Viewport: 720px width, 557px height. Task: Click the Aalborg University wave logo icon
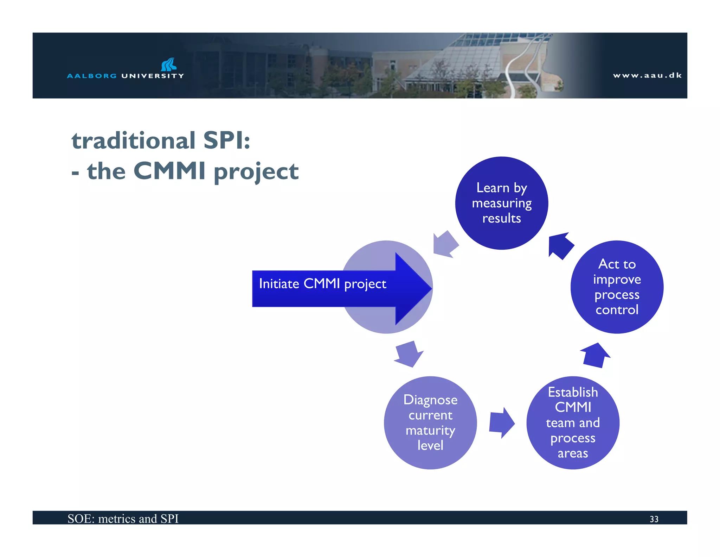pyautogui.click(x=169, y=64)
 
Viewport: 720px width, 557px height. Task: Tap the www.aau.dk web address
pyautogui.click(x=647, y=75)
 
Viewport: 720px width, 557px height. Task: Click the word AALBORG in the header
pyautogui.click(x=92, y=76)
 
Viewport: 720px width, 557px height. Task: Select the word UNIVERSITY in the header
pyautogui.click(x=153, y=76)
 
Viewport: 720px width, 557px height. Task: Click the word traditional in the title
pyautogui.click(x=133, y=141)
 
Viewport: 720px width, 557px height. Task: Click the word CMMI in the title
pyautogui.click(x=169, y=171)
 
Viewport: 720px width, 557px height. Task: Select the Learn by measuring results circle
pyautogui.click(x=501, y=203)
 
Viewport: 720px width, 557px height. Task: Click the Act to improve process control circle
pyautogui.click(x=617, y=287)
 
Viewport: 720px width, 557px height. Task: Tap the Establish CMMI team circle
pyautogui.click(x=573, y=423)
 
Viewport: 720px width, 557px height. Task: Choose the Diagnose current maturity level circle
pyautogui.click(x=430, y=423)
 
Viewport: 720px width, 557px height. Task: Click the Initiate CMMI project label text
pyautogui.click(x=322, y=284)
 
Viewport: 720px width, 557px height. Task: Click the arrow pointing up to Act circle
pyautogui.click(x=595, y=356)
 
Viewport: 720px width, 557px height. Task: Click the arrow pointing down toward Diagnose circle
pyautogui.click(x=409, y=354)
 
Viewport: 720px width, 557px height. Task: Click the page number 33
pyautogui.click(x=654, y=519)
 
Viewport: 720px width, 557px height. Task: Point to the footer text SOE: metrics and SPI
pyautogui.click(x=123, y=519)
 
